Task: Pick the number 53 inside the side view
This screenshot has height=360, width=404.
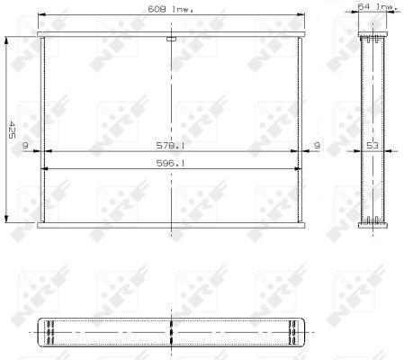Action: click(x=372, y=144)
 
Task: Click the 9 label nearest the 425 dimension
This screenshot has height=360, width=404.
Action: click(x=24, y=144)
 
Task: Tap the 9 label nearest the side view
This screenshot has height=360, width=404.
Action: click(x=317, y=144)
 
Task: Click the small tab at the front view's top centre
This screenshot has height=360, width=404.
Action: click(x=170, y=39)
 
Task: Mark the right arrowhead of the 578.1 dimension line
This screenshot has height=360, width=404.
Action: click(x=296, y=151)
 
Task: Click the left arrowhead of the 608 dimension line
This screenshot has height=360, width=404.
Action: click(x=40, y=14)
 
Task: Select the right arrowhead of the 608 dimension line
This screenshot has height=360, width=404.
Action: click(x=302, y=14)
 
